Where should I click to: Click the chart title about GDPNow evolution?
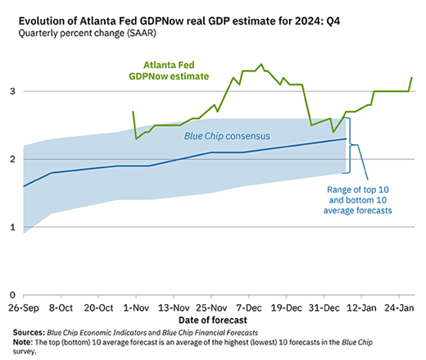pyautogui.click(x=179, y=21)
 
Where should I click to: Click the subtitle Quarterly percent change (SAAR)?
pyautogui.click(x=87, y=34)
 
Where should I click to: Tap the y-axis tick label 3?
pyautogui.click(x=12, y=91)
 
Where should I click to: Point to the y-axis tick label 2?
pyautogui.click(x=12, y=159)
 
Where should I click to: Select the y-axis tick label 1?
pyautogui.click(x=12, y=227)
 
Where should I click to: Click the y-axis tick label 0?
pyautogui.click(x=12, y=295)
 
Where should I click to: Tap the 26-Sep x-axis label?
pyautogui.click(x=24, y=308)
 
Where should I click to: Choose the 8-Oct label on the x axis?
pyautogui.click(x=61, y=308)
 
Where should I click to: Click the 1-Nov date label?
pyautogui.click(x=136, y=308)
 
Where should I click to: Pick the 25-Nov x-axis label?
pyautogui.click(x=211, y=308)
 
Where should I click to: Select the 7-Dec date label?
pyautogui.click(x=249, y=308)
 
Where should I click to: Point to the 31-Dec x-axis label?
pyautogui.click(x=324, y=308)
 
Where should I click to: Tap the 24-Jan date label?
pyautogui.click(x=399, y=308)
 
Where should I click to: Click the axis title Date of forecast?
pyautogui.click(x=213, y=320)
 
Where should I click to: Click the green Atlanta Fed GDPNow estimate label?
pyautogui.click(x=169, y=71)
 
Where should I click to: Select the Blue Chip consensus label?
pyautogui.click(x=227, y=136)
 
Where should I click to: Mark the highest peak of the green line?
pyautogui.click(x=261, y=64)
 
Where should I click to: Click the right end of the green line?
pyautogui.click(x=412, y=78)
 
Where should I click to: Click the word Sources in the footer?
pyautogui.click(x=29, y=333)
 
